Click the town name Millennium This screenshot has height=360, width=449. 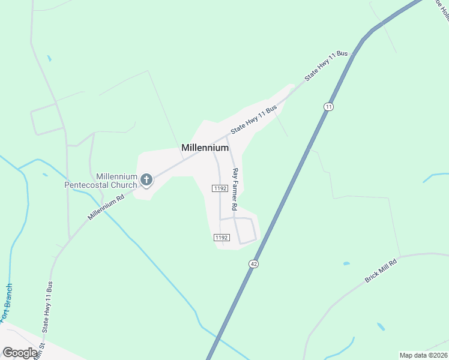coord(205,148)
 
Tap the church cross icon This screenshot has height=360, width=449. coord(146,179)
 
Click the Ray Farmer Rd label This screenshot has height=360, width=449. coord(236,189)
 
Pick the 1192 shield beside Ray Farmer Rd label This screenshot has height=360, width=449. coord(218,188)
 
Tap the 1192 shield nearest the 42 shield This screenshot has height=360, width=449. coord(221,238)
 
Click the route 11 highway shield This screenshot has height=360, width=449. coord(328,106)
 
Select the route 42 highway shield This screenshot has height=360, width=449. coord(254,264)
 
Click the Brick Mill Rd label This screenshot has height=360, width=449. coord(381,271)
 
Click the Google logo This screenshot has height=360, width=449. coord(20,353)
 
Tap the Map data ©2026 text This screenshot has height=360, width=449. coord(423,355)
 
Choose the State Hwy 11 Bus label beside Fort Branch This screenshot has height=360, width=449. coord(46,307)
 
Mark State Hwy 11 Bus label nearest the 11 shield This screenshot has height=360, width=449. coord(326,65)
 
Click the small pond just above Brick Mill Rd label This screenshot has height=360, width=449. coord(346,263)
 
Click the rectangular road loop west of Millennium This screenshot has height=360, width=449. coord(47,119)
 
